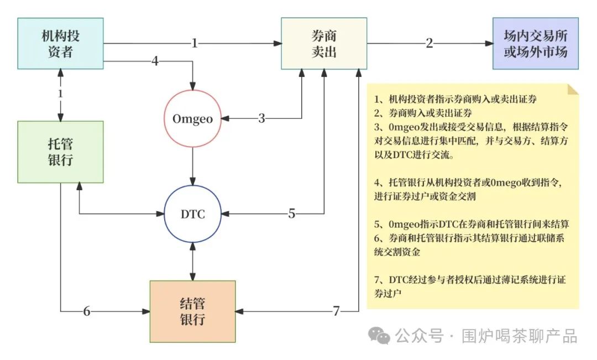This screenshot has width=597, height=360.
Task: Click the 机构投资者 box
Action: pyautogui.click(x=60, y=44)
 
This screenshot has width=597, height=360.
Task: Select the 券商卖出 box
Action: pyautogui.click(x=324, y=44)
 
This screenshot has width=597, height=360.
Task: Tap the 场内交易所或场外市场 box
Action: pyautogui.click(x=536, y=44)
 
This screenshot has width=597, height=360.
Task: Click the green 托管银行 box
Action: pyautogui.click(x=60, y=152)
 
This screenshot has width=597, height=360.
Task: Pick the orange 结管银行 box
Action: pyautogui.click(x=192, y=311)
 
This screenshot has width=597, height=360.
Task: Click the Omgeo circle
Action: pyautogui.click(x=192, y=118)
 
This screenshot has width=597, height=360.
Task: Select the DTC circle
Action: pyautogui.click(x=192, y=214)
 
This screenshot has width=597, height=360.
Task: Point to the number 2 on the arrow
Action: pyautogui.click(x=430, y=43)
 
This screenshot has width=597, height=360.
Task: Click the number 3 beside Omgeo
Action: pyautogui.click(x=262, y=118)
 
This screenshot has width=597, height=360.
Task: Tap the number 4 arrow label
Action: pyautogui.click(x=155, y=61)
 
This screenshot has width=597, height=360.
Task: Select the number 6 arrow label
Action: pyautogui.click(x=87, y=311)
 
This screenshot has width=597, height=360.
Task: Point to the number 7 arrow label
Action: pyautogui.click(x=336, y=311)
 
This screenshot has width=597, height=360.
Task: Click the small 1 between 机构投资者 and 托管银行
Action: pyautogui.click(x=60, y=94)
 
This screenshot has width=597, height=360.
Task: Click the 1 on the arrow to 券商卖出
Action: pyautogui.click(x=195, y=43)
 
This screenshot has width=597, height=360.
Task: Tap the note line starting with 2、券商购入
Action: pyautogui.click(x=423, y=113)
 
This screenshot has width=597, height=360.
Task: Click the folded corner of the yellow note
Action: pyautogui.click(x=573, y=88)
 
